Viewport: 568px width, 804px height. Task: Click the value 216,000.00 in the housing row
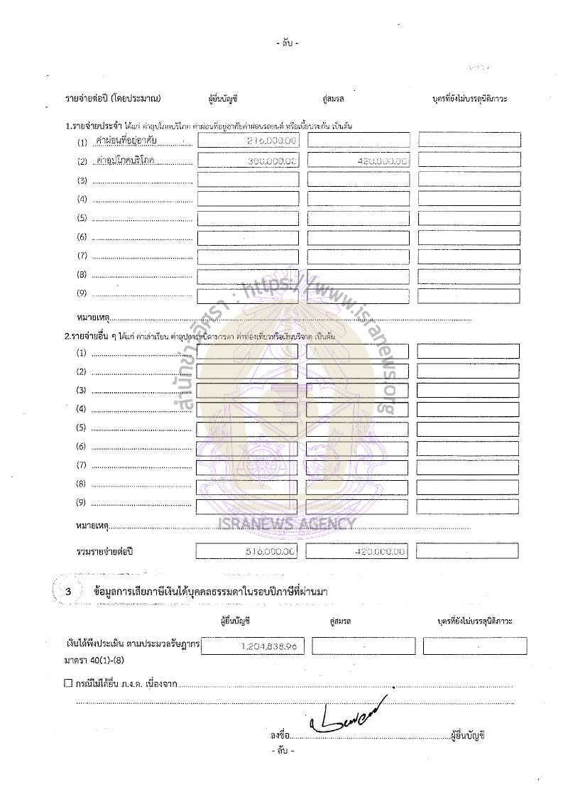pos(271,141)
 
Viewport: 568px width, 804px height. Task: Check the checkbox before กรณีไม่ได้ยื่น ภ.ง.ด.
pos(68,685)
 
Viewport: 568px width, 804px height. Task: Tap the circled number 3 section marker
pos(68,591)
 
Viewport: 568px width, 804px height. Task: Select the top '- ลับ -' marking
pos(287,43)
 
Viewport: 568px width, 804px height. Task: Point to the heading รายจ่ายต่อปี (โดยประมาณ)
pos(112,97)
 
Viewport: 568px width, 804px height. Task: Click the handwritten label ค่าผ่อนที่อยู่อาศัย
pos(126,141)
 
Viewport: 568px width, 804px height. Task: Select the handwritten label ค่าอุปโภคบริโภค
pos(126,161)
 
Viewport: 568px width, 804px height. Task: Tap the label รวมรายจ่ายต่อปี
pos(105,551)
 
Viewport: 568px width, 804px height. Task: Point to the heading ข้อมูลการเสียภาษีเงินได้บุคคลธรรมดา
pos(210,591)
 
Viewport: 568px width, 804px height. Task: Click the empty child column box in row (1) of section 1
pos(469,141)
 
